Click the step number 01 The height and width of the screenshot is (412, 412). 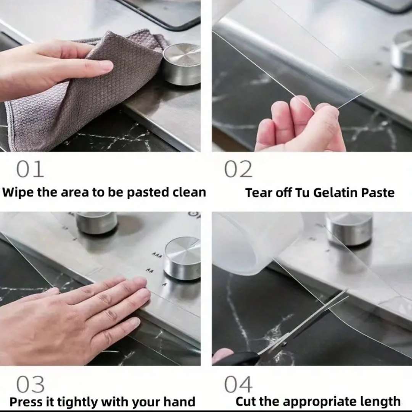30,169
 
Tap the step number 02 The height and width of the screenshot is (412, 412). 238,169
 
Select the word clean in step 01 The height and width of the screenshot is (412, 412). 189,192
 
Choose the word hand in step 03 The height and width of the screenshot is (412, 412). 179,402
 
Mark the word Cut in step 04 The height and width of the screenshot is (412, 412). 246,401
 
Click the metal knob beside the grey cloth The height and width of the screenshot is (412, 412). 181,65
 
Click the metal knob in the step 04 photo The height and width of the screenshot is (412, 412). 350,229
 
